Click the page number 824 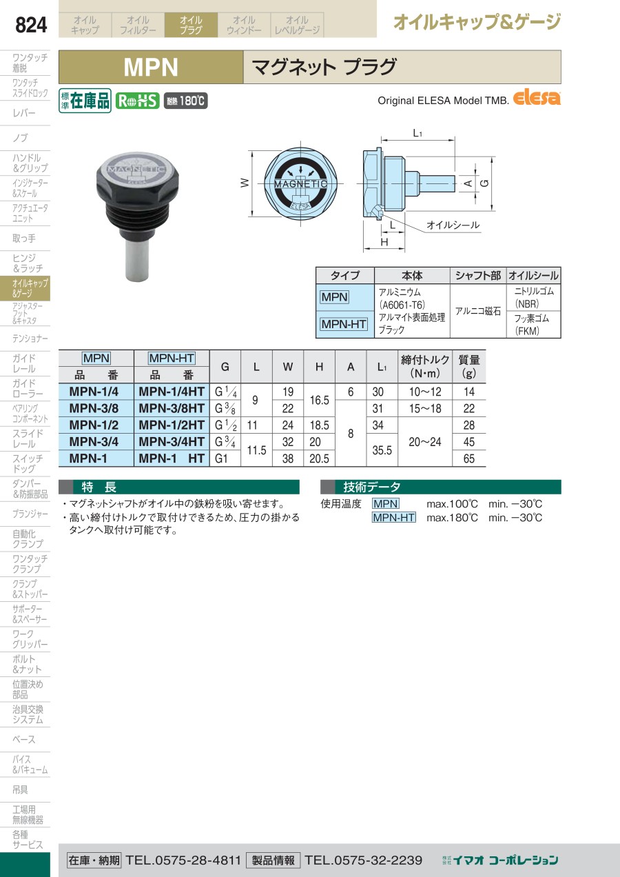click(x=31, y=25)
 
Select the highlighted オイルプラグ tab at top click(x=191, y=25)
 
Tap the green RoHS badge click(x=138, y=101)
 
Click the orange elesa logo click(x=537, y=98)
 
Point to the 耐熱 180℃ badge click(x=186, y=101)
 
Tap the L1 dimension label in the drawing click(x=417, y=134)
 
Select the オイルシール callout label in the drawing click(x=453, y=225)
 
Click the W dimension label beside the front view click(x=245, y=183)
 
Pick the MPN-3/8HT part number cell click(x=172, y=408)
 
